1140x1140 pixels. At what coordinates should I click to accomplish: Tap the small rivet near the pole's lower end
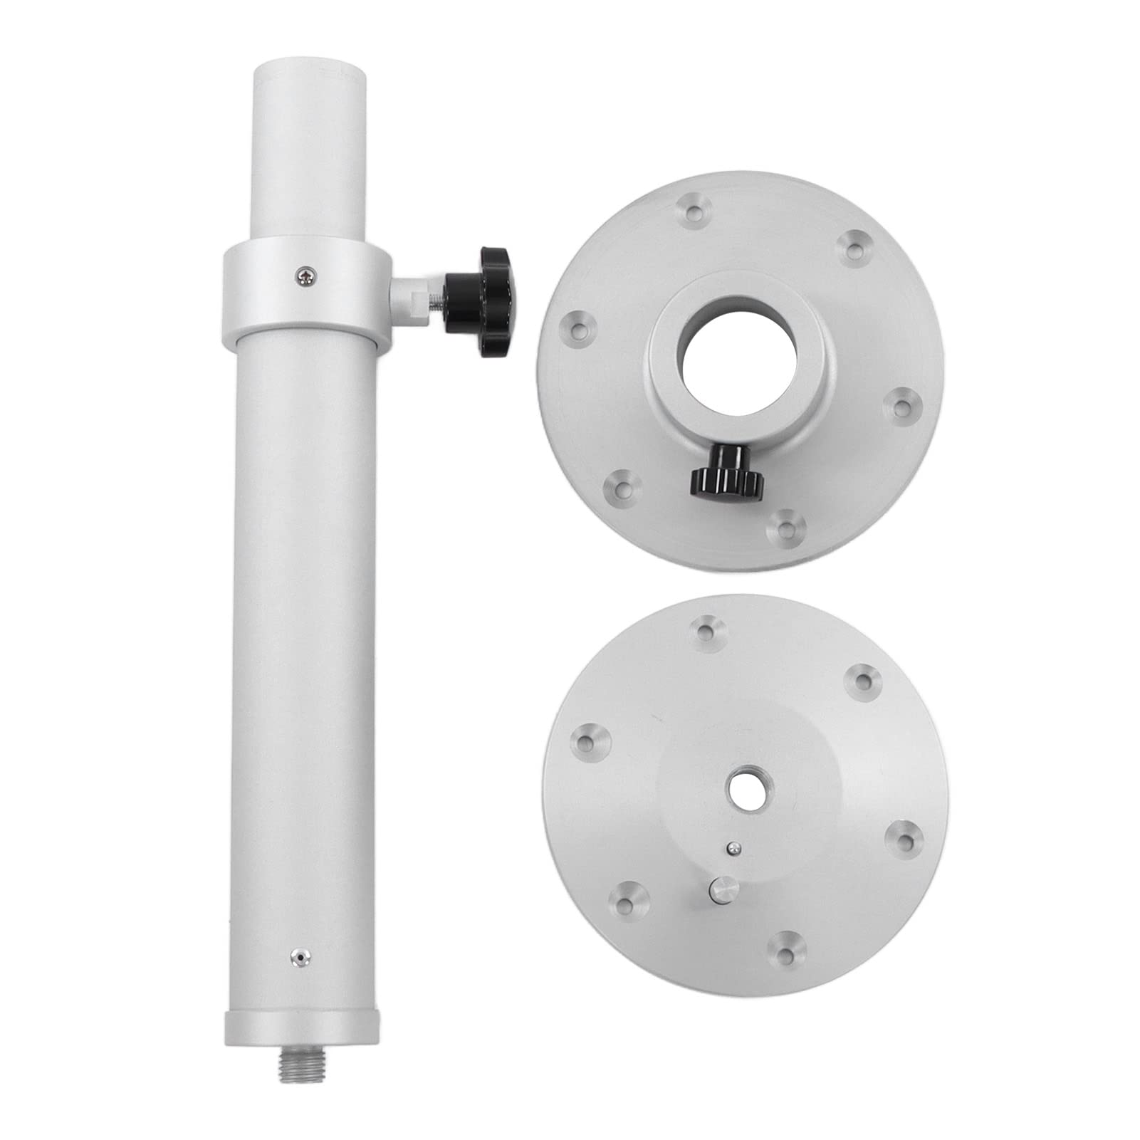pos(299,958)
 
